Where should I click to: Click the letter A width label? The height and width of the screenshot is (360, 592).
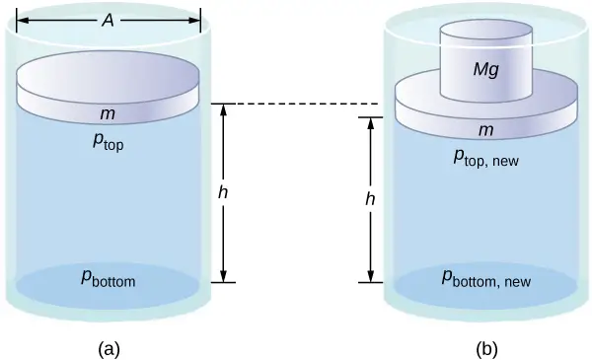click(109, 20)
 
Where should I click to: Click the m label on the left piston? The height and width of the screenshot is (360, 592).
click(109, 114)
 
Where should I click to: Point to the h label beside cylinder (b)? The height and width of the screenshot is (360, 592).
click(370, 198)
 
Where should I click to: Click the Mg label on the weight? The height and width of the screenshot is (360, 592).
click(485, 72)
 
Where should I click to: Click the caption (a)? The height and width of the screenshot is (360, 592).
click(109, 347)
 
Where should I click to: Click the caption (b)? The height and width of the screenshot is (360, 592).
click(485, 347)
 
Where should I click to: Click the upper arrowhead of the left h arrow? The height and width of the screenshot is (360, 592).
click(223, 109)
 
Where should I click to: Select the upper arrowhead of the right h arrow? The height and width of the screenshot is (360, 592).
click(370, 123)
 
